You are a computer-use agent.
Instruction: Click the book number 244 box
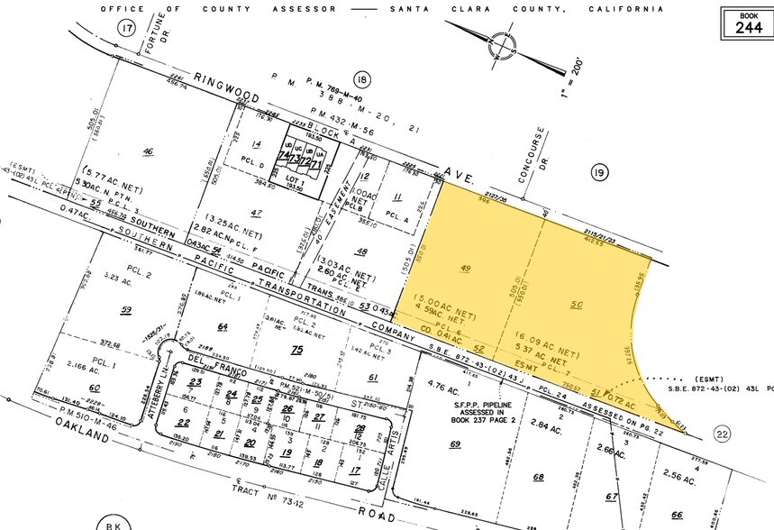pos(748,21)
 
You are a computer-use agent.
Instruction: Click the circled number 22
pos(722,435)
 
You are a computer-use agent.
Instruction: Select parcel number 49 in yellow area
pos(466,268)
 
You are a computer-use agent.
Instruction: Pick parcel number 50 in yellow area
pos(578,306)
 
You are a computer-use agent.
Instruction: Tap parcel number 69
pos(455,444)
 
